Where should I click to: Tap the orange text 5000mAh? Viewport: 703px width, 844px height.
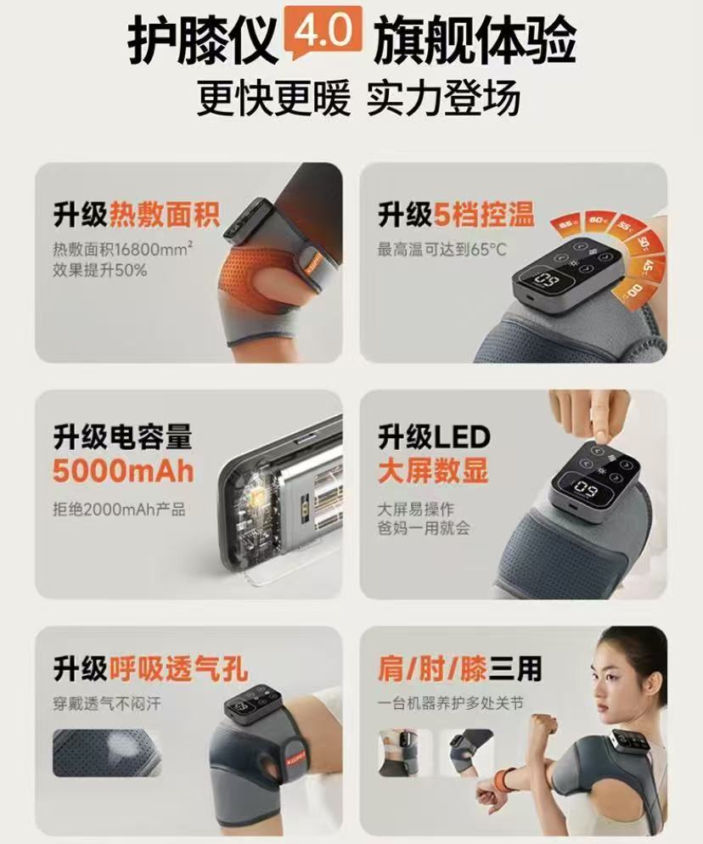[123, 470]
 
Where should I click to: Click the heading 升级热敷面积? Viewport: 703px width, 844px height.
[137, 214]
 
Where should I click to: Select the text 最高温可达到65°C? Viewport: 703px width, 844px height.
[442, 250]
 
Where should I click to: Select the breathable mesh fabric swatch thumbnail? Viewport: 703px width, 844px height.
[107, 753]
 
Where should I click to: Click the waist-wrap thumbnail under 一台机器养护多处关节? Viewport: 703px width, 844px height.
[404, 753]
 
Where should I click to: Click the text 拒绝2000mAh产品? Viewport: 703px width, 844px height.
[119, 509]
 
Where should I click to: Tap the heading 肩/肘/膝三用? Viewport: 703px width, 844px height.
[459, 668]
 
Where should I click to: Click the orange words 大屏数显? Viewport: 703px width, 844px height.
[433, 470]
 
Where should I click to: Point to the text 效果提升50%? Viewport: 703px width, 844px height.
[99, 270]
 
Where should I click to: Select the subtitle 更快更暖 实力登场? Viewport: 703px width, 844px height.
[358, 98]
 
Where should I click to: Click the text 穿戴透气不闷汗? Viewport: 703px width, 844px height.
[107, 704]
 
